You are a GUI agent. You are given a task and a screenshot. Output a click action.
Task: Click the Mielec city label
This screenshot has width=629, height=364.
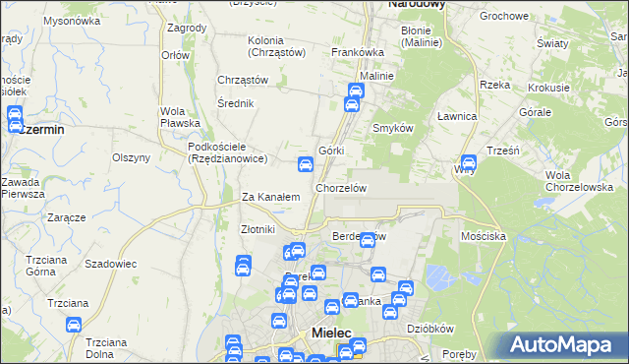click(x=331, y=334)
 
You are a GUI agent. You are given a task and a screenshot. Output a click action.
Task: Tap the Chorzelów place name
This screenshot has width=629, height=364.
click(x=341, y=187)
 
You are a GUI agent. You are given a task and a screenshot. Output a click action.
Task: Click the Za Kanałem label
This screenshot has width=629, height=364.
click(x=270, y=197)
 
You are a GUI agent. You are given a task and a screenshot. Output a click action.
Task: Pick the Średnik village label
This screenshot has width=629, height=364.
click(x=237, y=102)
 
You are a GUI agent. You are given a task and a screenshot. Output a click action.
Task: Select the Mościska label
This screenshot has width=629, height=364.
click(x=483, y=237)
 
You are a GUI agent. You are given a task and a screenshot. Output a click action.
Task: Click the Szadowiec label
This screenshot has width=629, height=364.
click(x=110, y=265)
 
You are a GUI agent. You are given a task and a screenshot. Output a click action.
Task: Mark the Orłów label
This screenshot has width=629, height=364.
click(x=175, y=55)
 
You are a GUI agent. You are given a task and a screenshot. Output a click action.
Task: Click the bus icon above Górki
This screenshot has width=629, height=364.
click(x=306, y=165)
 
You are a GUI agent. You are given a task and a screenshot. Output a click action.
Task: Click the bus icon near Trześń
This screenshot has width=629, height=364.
click(x=469, y=163)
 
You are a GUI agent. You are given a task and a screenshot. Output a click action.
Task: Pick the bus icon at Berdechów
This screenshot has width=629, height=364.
click(x=368, y=240)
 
